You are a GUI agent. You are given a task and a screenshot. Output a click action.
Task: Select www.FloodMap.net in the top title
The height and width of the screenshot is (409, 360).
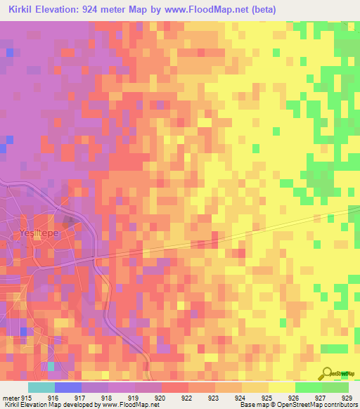202,10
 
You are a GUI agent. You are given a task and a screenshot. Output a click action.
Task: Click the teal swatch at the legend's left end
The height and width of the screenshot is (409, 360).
41,387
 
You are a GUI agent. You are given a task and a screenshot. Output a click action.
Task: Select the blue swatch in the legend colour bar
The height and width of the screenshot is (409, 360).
68,387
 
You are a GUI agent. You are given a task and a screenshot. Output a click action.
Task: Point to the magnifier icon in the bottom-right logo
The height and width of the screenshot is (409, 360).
328,373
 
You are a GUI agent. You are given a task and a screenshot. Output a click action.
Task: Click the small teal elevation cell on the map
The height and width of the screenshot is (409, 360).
51,366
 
